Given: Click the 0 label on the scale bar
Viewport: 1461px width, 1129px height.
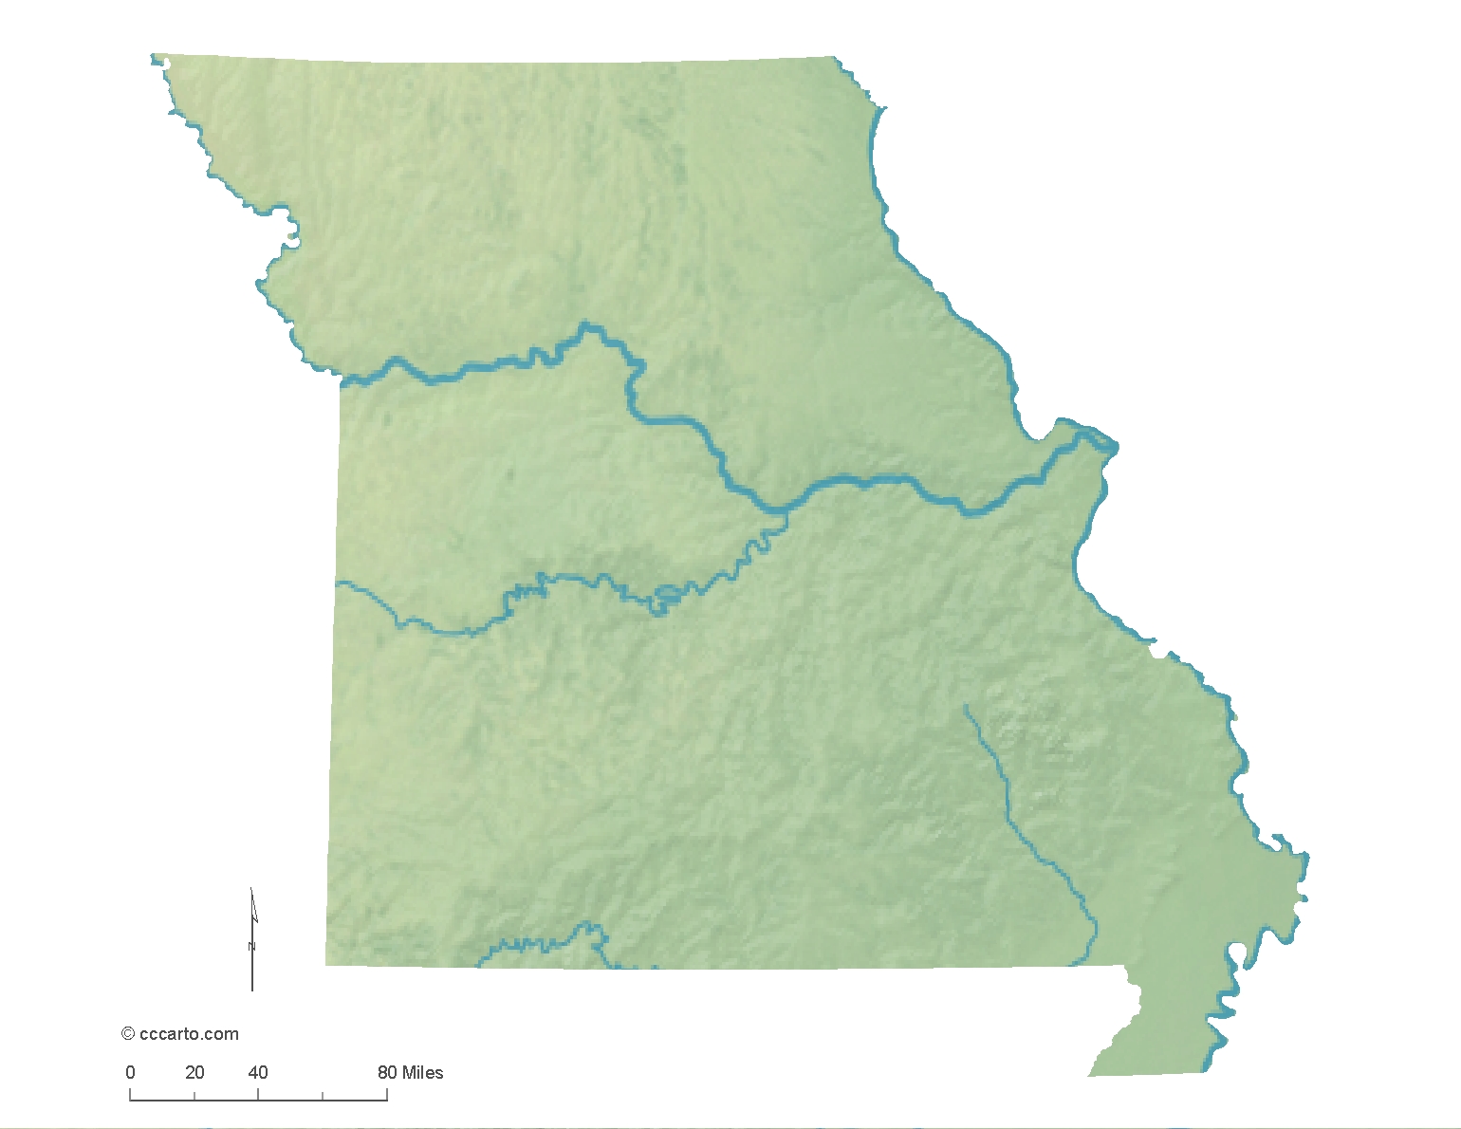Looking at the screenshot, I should tap(130, 1073).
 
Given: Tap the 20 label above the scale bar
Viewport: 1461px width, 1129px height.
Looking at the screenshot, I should tap(194, 1073).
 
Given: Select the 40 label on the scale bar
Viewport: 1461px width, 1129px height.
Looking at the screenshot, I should tap(258, 1073).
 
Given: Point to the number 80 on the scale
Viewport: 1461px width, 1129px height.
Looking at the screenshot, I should tap(387, 1073).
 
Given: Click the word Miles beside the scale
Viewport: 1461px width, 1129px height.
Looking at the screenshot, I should tap(422, 1073).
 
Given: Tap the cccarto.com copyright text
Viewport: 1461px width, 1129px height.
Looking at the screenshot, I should tap(189, 1034).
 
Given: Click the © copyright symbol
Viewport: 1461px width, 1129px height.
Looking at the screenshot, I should tap(128, 1034).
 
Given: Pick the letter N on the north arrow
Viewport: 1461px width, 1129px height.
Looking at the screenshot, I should tap(252, 946).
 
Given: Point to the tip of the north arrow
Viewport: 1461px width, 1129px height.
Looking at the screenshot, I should tap(250, 889).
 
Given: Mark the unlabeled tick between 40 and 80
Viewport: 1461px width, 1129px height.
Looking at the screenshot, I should tap(323, 1097).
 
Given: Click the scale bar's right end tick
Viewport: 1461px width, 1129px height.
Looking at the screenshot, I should tap(387, 1095).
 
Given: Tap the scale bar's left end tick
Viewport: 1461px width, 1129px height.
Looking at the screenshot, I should tap(130, 1095).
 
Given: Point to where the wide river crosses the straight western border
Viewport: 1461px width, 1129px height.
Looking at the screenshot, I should tap(342, 382).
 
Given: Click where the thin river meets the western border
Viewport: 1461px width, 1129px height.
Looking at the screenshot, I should tap(337, 583).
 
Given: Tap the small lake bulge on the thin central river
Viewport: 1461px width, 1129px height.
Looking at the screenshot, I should tap(666, 597).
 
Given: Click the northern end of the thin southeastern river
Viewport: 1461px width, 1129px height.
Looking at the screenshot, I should tap(964, 705).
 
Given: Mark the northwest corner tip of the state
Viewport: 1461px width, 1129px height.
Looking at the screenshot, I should tap(153, 57).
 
